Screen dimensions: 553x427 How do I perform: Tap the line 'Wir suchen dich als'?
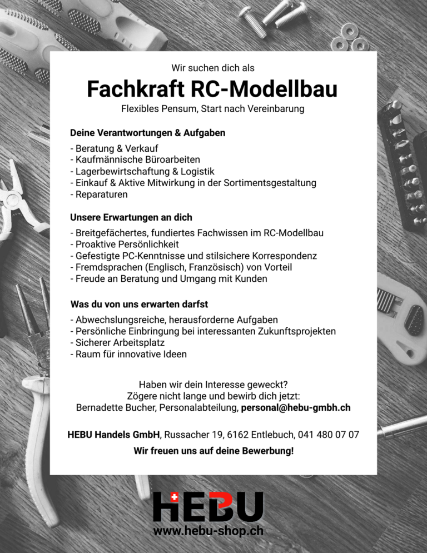(x=213, y=68)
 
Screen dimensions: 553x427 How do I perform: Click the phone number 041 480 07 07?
(x=328, y=434)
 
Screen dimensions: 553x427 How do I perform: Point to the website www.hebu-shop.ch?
(x=208, y=531)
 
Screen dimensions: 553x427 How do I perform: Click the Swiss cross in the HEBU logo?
(x=174, y=498)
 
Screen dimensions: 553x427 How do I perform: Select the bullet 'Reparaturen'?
(x=99, y=195)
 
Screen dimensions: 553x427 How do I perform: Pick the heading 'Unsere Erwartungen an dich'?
(x=131, y=217)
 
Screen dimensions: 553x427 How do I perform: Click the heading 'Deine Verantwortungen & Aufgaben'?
(x=147, y=133)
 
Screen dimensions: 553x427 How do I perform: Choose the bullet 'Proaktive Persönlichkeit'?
(x=125, y=244)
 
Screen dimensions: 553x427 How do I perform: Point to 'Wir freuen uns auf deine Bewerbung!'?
(x=213, y=451)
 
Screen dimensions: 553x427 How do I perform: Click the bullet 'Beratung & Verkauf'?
(x=114, y=148)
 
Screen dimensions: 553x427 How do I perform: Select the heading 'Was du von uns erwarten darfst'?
(x=139, y=305)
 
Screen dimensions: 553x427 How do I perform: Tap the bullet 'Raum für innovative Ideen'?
(x=128, y=354)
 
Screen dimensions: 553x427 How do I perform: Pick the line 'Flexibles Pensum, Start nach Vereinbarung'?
(x=213, y=109)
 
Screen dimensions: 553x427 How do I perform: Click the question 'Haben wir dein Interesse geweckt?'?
(x=213, y=384)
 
